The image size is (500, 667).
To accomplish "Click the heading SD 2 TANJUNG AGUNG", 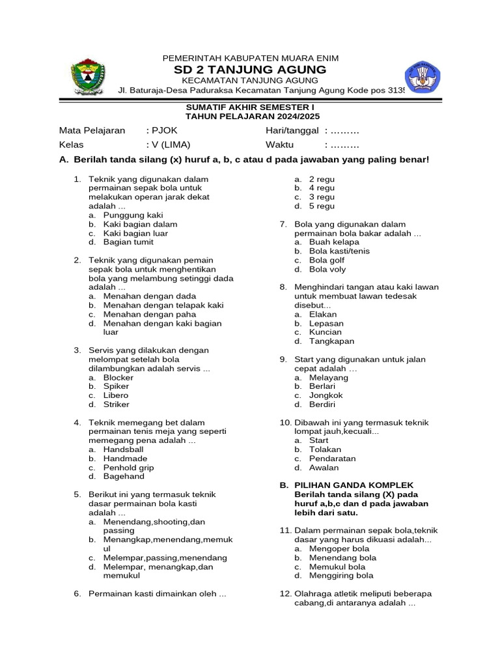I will coord(250,70).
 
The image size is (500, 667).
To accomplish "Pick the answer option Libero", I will coord(116,395).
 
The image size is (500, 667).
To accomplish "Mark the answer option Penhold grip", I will coord(129,468).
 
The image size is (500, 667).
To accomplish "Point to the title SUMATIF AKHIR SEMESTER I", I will coord(250,106).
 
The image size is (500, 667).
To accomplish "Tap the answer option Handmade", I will coord(125,459).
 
